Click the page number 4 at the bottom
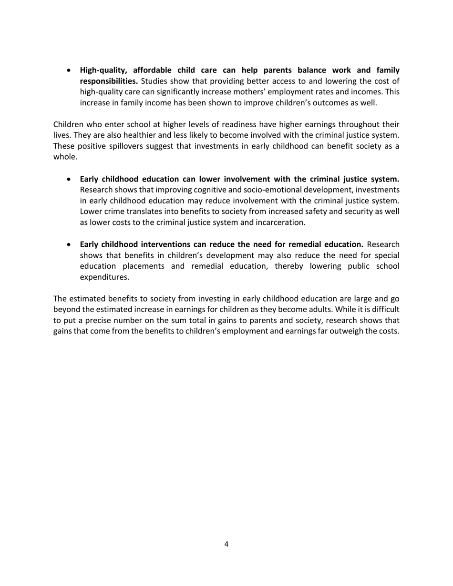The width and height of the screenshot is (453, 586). [x=226, y=544]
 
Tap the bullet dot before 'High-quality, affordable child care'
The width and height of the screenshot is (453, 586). [x=70, y=71]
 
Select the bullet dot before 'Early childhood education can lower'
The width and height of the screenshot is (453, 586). [x=70, y=180]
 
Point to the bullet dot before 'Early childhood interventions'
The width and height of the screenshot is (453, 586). [x=70, y=245]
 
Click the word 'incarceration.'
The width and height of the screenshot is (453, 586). [x=281, y=222]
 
